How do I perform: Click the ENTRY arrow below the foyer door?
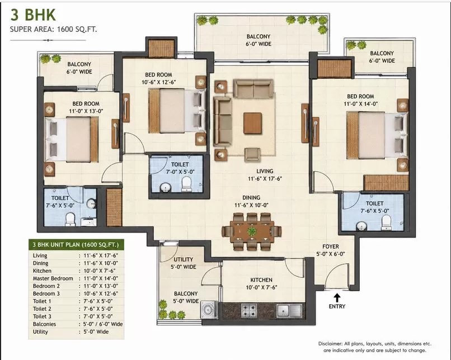click(337, 297)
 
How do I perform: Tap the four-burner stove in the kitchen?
click(249, 310)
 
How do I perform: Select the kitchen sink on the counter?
click(289, 311)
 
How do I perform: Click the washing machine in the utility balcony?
click(209, 310)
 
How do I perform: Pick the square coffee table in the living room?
click(252, 123)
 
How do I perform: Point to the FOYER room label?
click(331, 247)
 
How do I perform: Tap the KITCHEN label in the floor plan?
click(261, 280)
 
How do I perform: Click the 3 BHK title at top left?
click(33, 15)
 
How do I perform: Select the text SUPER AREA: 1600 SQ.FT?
click(53, 29)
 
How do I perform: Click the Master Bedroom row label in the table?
click(53, 278)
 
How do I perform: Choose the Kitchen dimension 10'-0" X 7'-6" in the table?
click(101, 271)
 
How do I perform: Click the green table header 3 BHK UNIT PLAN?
click(76, 245)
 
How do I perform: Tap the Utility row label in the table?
click(40, 331)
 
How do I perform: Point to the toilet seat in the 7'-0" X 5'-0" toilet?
click(186, 184)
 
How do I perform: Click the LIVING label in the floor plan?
click(265, 171)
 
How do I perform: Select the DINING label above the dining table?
click(251, 198)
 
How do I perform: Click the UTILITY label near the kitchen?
click(183, 259)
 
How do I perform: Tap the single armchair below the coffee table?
click(252, 155)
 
